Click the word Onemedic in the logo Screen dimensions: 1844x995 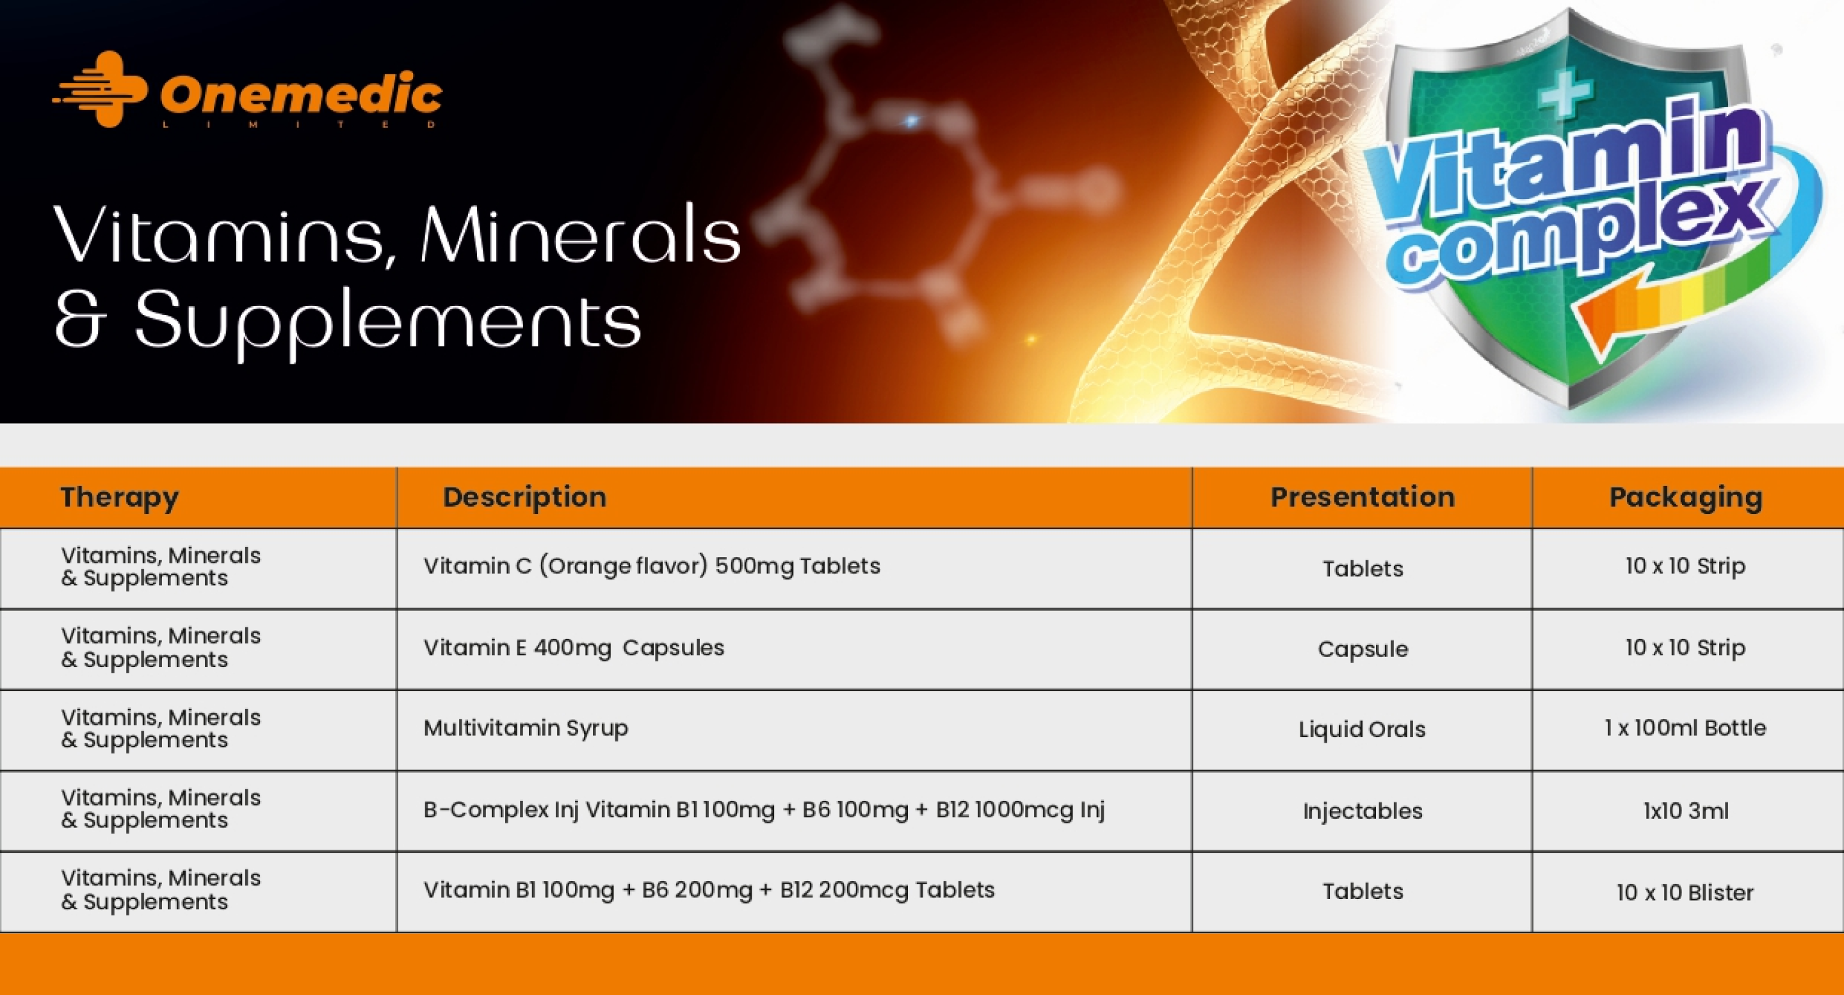pyautogui.click(x=302, y=93)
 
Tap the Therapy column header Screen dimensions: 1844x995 pyautogui.click(x=120, y=497)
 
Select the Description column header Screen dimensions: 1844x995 pyautogui.click(x=525, y=497)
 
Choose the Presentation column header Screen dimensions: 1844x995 pyautogui.click(x=1363, y=497)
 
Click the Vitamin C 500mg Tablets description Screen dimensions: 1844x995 pyautogui.click(x=651, y=566)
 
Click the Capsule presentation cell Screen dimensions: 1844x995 pyautogui.click(x=1363, y=649)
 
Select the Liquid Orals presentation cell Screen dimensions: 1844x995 pyautogui.click(x=1363, y=729)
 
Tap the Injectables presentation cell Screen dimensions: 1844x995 pyautogui.click(x=1363, y=811)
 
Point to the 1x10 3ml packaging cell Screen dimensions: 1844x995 pyautogui.click(x=1686, y=811)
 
